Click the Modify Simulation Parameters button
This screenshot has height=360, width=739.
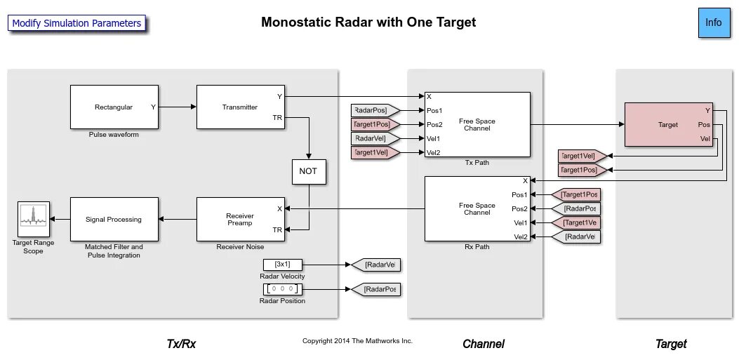(x=76, y=23)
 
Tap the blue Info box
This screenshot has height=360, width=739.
(x=713, y=22)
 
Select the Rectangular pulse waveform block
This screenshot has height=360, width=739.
(x=114, y=107)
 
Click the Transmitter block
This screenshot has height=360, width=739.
(x=240, y=107)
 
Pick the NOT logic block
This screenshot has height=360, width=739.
(x=309, y=171)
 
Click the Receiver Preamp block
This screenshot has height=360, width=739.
(x=240, y=219)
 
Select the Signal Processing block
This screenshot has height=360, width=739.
(x=114, y=219)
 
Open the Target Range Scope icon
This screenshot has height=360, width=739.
(x=34, y=219)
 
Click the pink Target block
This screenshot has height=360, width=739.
(x=668, y=124)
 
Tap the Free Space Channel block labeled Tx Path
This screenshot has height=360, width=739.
(x=477, y=124)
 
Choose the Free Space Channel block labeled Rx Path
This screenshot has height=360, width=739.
(x=477, y=208)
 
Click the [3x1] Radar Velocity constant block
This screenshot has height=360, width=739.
(x=282, y=265)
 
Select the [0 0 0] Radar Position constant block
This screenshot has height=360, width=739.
(x=282, y=289)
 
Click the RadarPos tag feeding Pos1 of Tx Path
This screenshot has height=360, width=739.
(x=375, y=111)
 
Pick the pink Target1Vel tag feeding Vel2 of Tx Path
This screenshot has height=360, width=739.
(x=375, y=153)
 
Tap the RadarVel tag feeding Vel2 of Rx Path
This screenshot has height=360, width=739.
(x=575, y=236)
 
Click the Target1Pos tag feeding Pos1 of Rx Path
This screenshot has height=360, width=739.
(x=575, y=194)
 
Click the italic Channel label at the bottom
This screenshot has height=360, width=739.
(x=483, y=344)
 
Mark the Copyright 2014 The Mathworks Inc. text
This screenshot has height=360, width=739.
(x=357, y=340)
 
